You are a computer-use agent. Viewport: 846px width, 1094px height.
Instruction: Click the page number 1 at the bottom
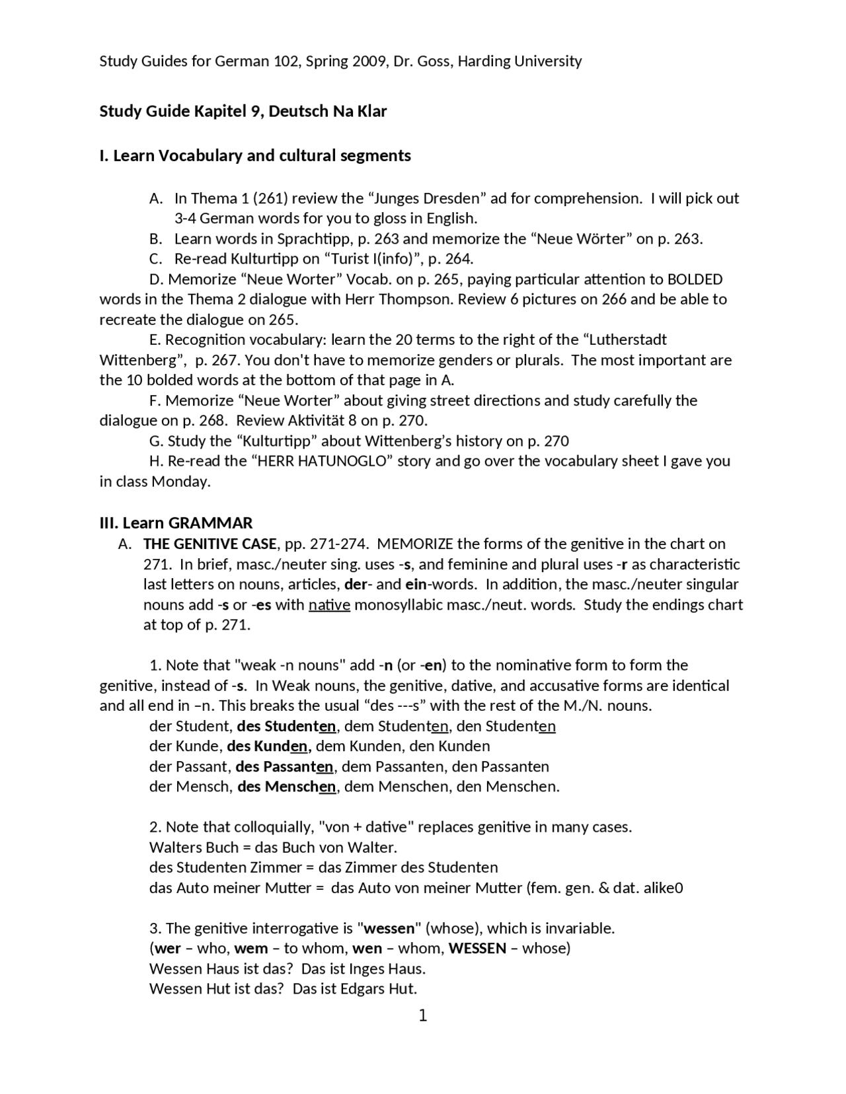click(x=423, y=1015)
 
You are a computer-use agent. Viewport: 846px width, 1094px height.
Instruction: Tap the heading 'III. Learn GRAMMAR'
click(x=176, y=523)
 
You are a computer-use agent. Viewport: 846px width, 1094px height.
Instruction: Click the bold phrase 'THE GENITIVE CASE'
click(x=210, y=544)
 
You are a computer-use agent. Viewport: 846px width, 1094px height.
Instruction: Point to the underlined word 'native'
click(x=329, y=604)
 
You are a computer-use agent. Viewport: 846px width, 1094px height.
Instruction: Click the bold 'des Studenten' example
click(x=288, y=726)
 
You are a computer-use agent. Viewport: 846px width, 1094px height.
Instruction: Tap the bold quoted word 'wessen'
click(x=389, y=928)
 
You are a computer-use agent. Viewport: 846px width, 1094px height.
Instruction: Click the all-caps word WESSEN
click(x=477, y=949)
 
